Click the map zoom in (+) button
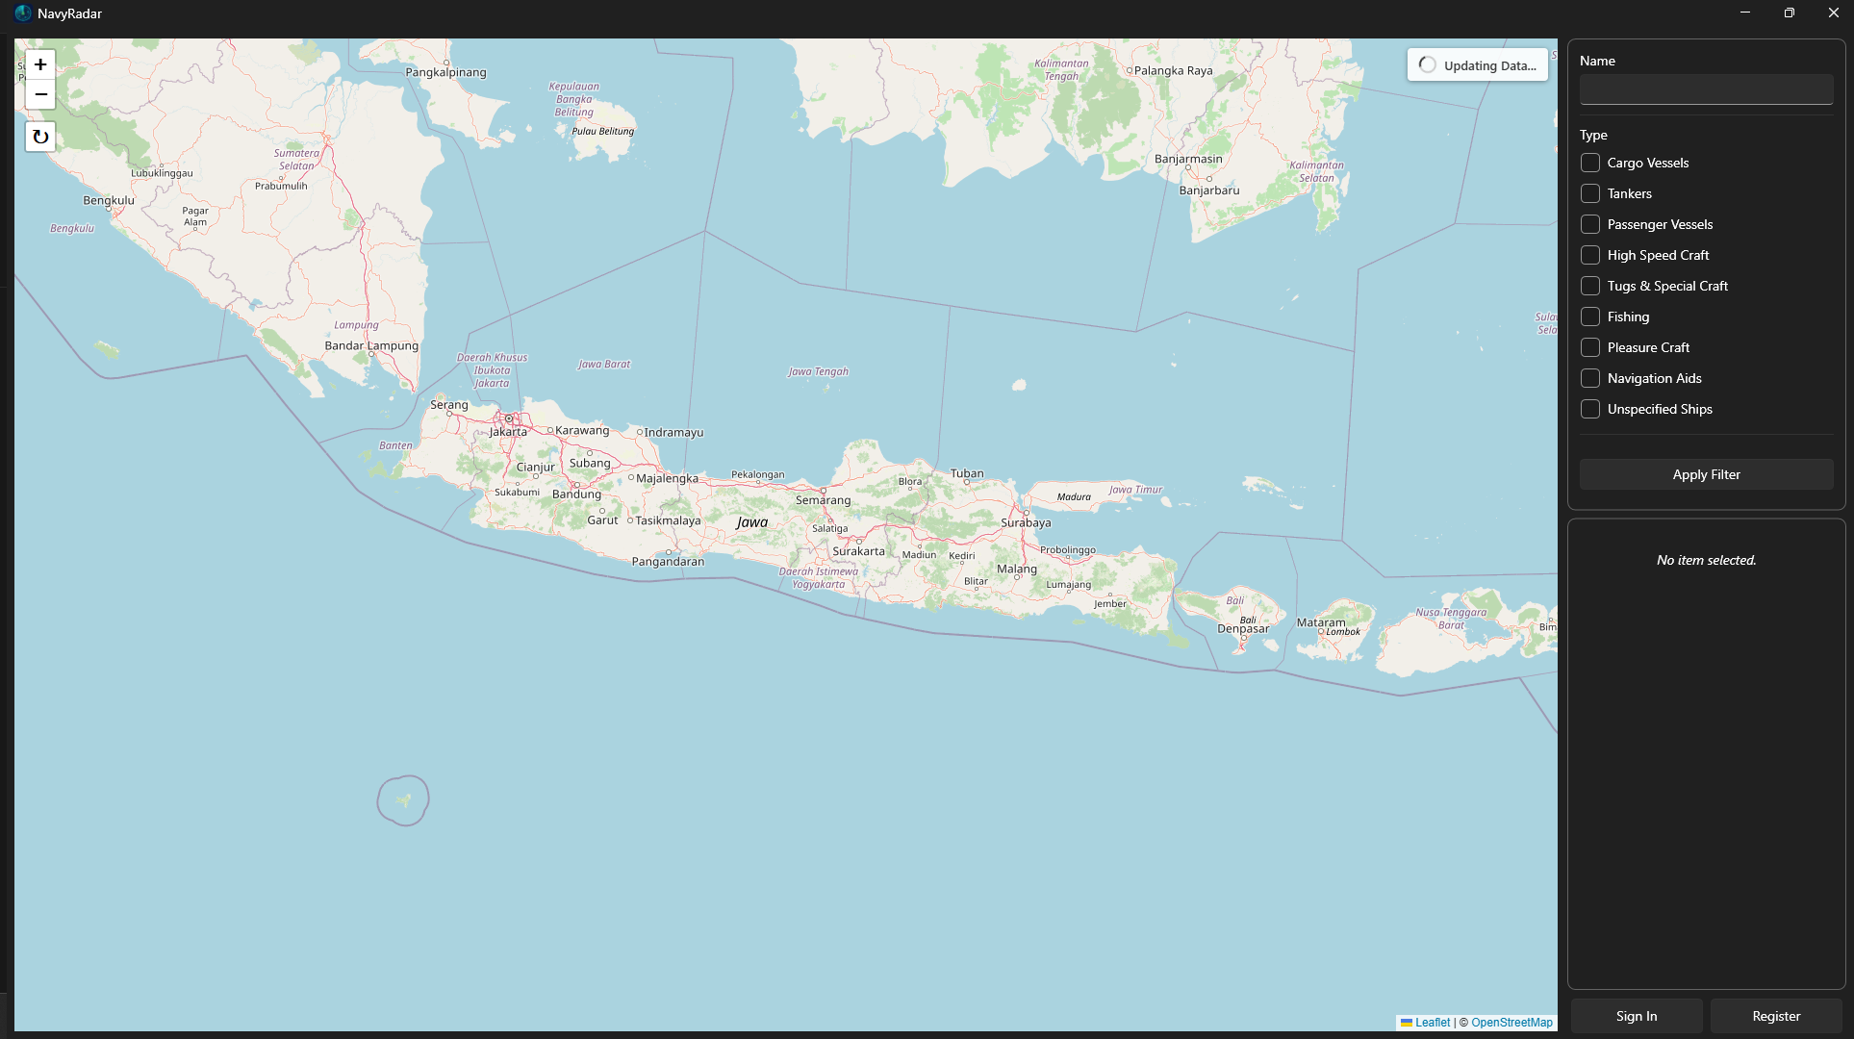pyautogui.click(x=40, y=64)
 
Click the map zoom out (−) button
pyautogui.click(x=40, y=94)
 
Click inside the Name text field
pyautogui.click(x=1706, y=89)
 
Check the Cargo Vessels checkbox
pyautogui.click(x=1590, y=163)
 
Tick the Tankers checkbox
pyautogui.click(x=1590, y=193)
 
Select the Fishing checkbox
pyautogui.click(x=1590, y=317)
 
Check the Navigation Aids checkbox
pyautogui.click(x=1590, y=378)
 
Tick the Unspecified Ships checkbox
pyautogui.click(x=1590, y=409)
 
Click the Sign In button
pyautogui.click(x=1636, y=1016)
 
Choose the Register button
pyautogui.click(x=1776, y=1016)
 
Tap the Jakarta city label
pyautogui.click(x=508, y=432)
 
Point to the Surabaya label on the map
pyautogui.click(x=1026, y=522)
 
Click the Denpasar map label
pyautogui.click(x=1243, y=628)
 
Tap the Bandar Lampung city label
pyautogui.click(x=371, y=345)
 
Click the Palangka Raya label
pyautogui.click(x=1173, y=70)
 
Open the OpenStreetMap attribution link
pyautogui.click(x=1511, y=1023)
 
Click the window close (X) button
pyautogui.click(x=1833, y=13)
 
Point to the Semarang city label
pyautogui.click(x=823, y=500)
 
